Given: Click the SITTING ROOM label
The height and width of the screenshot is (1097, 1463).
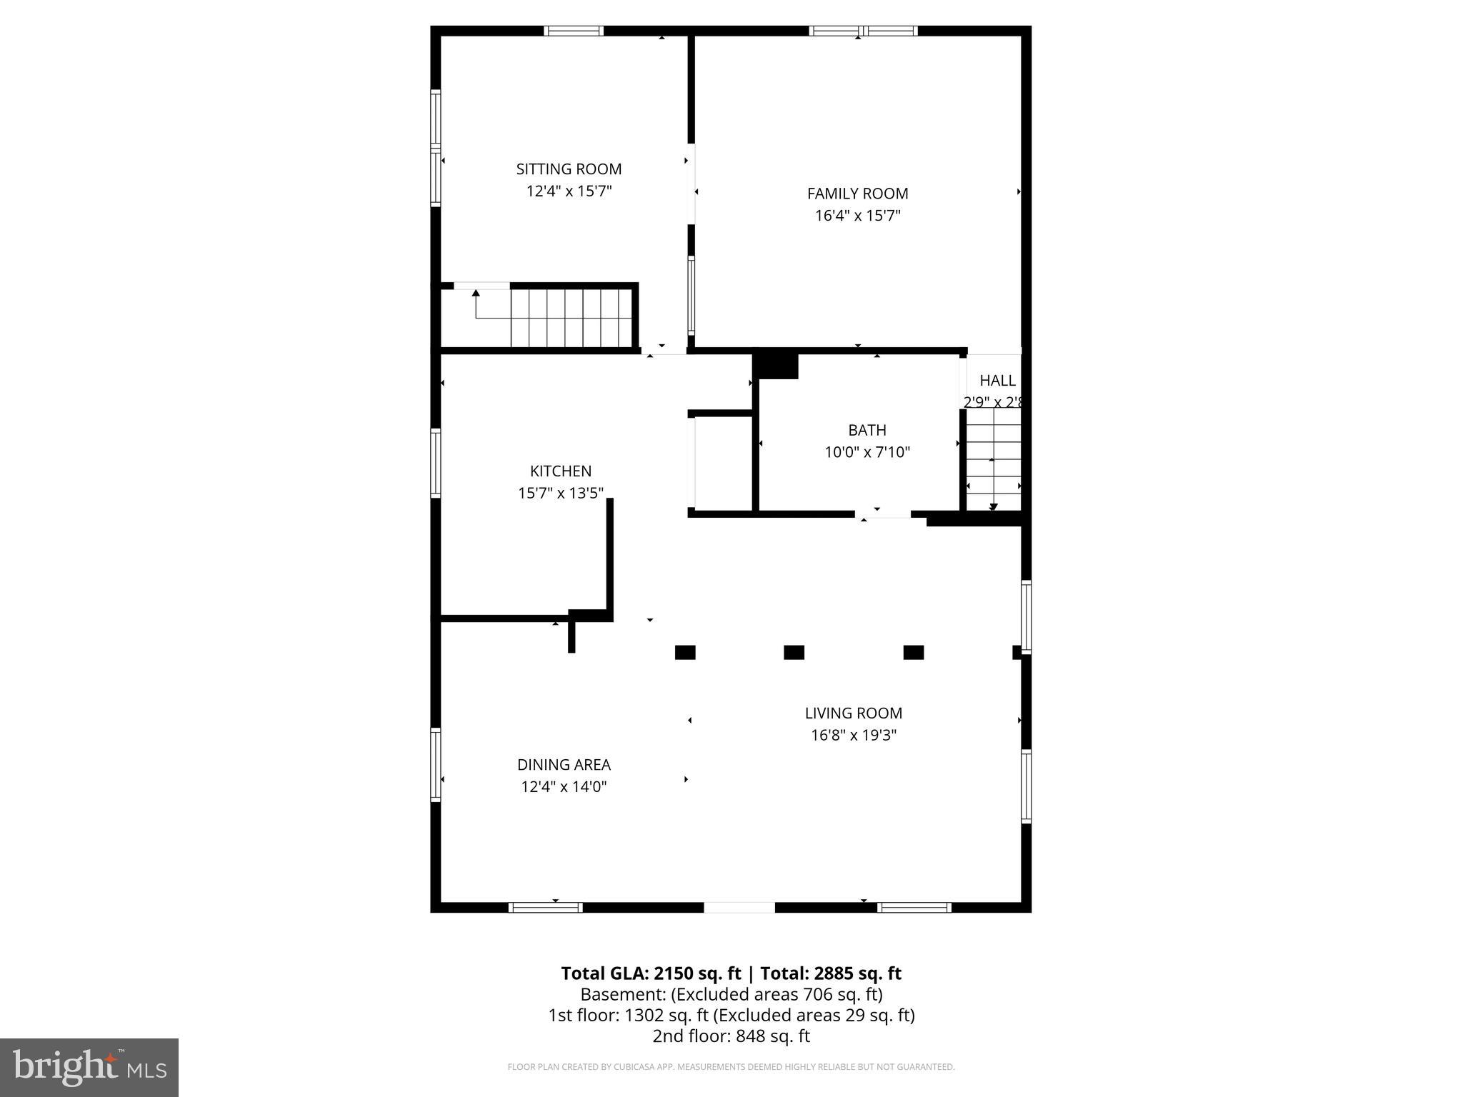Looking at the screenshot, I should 569,169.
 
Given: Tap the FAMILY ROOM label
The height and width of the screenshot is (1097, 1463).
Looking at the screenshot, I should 857,194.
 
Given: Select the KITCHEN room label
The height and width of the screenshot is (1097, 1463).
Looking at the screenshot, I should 561,471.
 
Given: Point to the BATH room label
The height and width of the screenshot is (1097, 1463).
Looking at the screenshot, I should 867,430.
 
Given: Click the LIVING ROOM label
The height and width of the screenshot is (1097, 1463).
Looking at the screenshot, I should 853,713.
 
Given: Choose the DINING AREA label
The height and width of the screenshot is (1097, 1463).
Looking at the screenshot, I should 564,765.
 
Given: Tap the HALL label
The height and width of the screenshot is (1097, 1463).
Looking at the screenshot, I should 997,381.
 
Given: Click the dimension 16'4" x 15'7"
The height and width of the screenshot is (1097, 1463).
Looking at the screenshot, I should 857,216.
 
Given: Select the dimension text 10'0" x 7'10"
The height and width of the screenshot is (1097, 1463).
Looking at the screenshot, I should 867,452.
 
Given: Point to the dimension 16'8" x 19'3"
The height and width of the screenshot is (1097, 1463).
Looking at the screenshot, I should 853,735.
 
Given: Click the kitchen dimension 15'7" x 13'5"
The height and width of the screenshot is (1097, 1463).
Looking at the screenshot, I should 561,494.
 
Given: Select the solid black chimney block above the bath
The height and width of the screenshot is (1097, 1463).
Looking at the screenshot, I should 777,366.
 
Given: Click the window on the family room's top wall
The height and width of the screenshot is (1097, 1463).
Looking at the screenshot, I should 863,31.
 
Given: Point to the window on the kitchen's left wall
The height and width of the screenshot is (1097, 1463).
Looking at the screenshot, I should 435,462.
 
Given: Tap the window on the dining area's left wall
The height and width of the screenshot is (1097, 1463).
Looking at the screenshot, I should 435,764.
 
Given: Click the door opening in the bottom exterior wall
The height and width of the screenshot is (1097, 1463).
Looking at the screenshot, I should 739,908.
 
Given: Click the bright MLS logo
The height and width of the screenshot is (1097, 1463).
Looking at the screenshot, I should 89,1067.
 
